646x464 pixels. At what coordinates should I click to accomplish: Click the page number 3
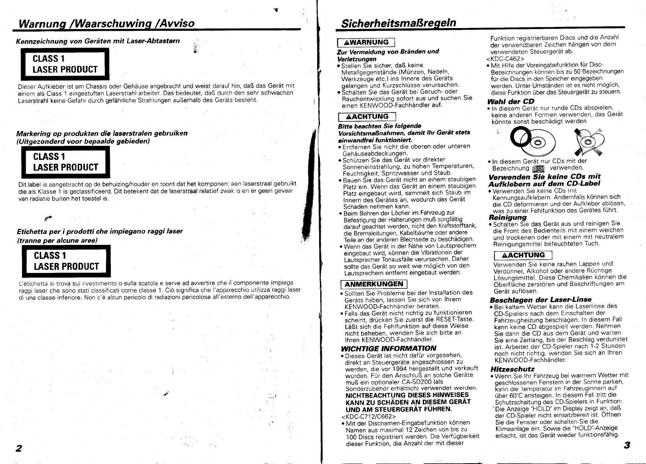point(626,445)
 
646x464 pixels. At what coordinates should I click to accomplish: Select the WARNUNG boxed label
point(366,43)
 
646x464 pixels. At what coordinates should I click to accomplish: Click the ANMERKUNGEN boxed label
point(374,284)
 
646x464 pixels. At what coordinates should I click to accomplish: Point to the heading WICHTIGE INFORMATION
point(388,348)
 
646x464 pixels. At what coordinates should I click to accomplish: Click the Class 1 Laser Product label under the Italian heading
point(66,261)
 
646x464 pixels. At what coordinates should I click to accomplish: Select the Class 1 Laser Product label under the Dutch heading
point(65,162)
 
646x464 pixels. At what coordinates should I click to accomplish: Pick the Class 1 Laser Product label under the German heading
point(65,64)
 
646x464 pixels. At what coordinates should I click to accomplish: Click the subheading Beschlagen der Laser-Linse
point(540,300)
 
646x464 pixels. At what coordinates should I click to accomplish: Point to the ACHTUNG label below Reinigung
point(523,255)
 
